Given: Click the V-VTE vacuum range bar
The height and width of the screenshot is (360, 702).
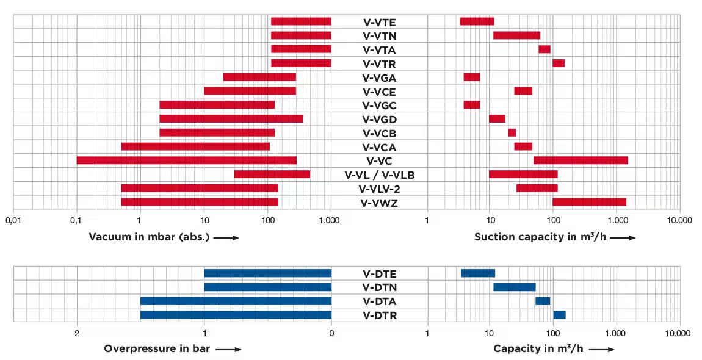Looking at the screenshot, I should click(301, 21).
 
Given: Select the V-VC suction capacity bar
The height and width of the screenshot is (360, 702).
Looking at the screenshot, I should click(581, 160).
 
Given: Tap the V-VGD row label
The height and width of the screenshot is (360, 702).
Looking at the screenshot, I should click(380, 119).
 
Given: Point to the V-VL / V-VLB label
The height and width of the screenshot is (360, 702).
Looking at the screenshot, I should click(380, 175).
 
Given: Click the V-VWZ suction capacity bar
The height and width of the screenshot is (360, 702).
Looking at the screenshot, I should click(589, 202).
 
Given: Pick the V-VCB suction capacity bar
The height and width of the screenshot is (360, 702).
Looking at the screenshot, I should click(512, 132).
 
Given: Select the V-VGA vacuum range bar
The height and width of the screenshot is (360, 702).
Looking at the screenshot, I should click(259, 77).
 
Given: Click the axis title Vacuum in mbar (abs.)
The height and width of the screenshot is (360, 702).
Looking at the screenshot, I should click(150, 237).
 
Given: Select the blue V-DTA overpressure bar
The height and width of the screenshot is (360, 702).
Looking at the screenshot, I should click(236, 301).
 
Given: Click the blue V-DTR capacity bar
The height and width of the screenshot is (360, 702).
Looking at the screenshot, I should click(559, 315).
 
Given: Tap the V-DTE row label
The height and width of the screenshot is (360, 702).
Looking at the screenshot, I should click(380, 273).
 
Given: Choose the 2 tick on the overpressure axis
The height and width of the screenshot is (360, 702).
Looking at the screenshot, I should click(77, 333).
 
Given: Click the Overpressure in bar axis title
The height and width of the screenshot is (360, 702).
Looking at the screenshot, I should click(157, 349).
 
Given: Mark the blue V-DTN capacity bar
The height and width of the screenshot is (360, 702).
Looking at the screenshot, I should click(514, 287).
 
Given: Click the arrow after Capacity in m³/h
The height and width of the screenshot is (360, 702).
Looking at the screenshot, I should click(602, 350).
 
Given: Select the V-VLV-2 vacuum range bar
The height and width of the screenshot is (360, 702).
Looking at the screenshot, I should click(200, 188).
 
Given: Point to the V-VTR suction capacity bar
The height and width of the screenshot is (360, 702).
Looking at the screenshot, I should click(559, 63).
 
